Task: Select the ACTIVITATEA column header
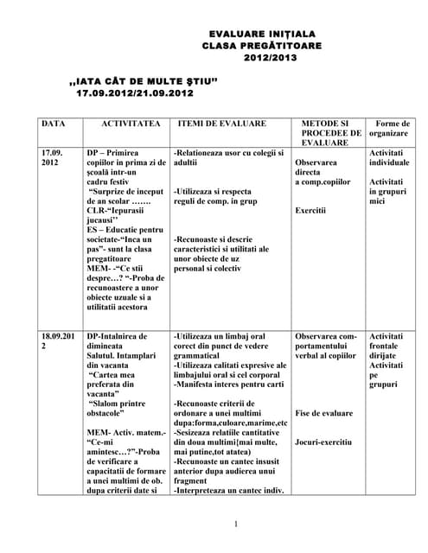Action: coord(131,124)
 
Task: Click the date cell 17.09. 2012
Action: coord(52,157)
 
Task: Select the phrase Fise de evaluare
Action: coord(323,413)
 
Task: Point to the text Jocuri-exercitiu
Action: coord(323,442)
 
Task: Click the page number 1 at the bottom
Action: coord(235,524)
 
